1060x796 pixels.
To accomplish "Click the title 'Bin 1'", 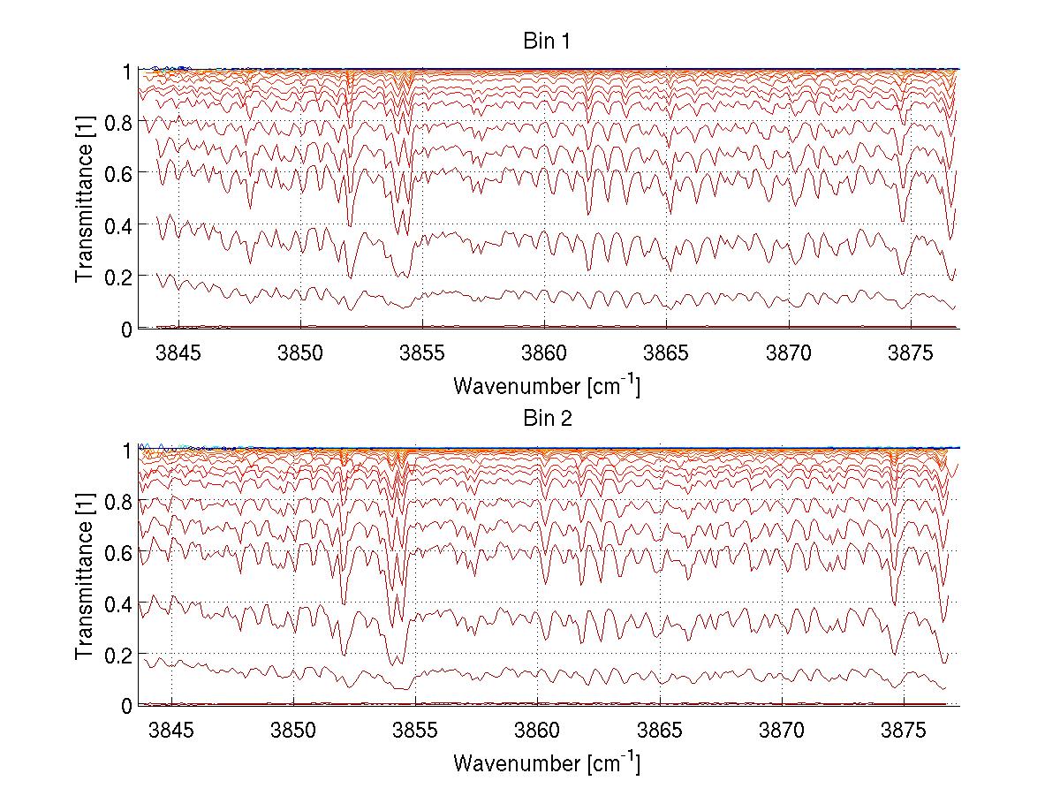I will point(546,42).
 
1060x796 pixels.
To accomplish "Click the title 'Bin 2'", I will point(546,420).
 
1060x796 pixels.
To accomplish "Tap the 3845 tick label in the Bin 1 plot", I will point(178,353).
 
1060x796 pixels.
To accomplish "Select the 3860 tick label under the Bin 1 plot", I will point(545,353).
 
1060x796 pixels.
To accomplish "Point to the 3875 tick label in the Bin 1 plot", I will point(911,353).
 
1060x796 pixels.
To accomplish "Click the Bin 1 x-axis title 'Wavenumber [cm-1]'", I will point(546,385).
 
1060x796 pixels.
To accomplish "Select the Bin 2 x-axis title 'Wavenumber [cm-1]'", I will point(546,762).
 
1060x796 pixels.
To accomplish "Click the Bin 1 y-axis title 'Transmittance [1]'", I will point(85,199).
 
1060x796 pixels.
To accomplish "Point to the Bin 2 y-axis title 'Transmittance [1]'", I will point(85,577).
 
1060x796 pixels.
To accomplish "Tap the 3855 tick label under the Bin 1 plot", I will point(422,353).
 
